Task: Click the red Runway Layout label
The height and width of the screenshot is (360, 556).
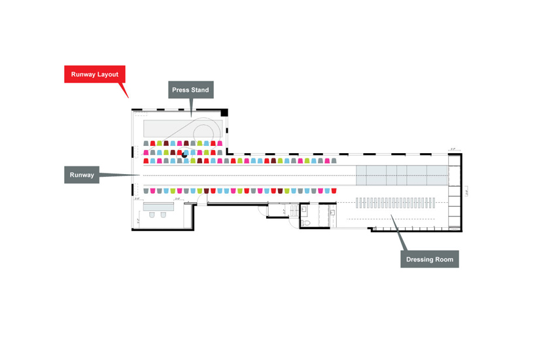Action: pyautogui.click(x=95, y=75)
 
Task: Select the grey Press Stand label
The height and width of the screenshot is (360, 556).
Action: pyautogui.click(x=190, y=90)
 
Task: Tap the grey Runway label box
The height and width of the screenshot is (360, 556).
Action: pyautogui.click(x=82, y=175)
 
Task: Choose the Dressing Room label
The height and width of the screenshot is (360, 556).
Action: pyautogui.click(x=428, y=259)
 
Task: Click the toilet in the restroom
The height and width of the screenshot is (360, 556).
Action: pyautogui.click(x=306, y=222)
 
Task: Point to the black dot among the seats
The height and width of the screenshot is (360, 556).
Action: pyautogui.click(x=184, y=155)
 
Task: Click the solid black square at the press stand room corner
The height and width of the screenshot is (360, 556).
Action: pyautogui.click(x=224, y=113)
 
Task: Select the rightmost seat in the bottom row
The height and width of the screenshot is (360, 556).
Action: pyautogui.click(x=334, y=191)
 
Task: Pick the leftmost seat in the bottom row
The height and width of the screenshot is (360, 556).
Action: pyautogui.click(x=146, y=191)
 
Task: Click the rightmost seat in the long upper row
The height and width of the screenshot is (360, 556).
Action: pyautogui.click(x=334, y=160)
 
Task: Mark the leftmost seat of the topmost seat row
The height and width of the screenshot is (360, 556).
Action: pyautogui.click(x=146, y=143)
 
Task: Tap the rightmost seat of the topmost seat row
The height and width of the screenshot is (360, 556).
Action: pyautogui.click(x=220, y=143)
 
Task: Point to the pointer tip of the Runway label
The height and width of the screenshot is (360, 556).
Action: pyautogui.click(x=138, y=175)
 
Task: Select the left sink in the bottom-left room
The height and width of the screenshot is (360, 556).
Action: pyautogui.click(x=152, y=215)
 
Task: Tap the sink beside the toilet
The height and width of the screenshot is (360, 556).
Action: pyautogui.click(x=332, y=212)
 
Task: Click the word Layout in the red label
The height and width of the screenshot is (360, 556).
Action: pyautogui.click(x=107, y=75)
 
